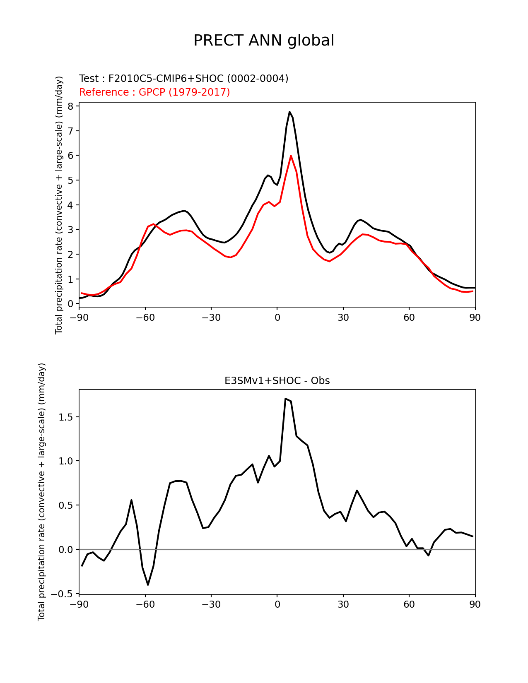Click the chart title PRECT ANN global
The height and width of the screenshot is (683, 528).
point(263,41)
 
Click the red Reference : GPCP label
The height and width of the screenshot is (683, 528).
point(154,92)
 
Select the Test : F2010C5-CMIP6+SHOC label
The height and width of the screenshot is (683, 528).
point(183,78)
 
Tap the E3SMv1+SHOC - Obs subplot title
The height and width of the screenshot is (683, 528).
point(277,381)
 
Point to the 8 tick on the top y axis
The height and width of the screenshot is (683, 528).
point(70,106)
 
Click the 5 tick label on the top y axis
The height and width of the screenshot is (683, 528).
point(70,180)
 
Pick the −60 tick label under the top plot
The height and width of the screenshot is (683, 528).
point(145,317)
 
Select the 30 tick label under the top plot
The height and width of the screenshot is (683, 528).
point(343,317)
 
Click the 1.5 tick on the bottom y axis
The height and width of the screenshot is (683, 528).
point(65,417)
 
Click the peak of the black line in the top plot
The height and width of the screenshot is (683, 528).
point(289,112)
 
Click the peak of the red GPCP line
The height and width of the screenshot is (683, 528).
point(291,156)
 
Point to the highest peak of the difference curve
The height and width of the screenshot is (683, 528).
point(285,399)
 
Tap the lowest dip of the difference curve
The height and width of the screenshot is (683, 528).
point(148,584)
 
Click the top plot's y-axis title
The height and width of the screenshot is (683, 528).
point(59,205)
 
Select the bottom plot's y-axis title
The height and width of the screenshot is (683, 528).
point(41,492)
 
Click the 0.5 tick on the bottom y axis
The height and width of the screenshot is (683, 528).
point(65,505)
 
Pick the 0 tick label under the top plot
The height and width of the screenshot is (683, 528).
point(277,317)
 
